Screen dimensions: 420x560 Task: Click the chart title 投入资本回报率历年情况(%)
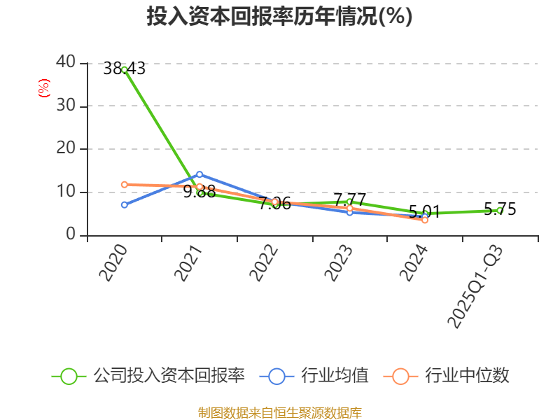click(x=279, y=16)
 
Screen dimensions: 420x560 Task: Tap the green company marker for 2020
click(x=124, y=69)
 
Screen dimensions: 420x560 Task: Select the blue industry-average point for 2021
click(x=199, y=174)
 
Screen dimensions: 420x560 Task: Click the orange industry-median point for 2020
click(x=124, y=185)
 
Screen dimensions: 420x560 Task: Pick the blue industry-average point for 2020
click(x=124, y=204)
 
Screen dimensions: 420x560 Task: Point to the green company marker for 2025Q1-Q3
click(x=499, y=210)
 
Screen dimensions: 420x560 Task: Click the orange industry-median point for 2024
click(x=425, y=220)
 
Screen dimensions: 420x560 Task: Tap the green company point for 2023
click(x=349, y=202)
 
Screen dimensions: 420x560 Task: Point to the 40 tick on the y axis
click(x=65, y=62)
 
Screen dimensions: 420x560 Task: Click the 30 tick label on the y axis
click(x=65, y=106)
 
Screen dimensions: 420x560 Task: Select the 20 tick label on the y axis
click(x=65, y=148)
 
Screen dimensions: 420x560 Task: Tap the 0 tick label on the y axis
click(x=70, y=234)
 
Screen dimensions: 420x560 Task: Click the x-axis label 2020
click(x=113, y=262)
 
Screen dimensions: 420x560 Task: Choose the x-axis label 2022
click(x=264, y=262)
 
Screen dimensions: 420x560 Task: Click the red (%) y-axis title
click(x=43, y=88)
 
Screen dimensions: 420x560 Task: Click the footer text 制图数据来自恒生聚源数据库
click(x=279, y=412)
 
